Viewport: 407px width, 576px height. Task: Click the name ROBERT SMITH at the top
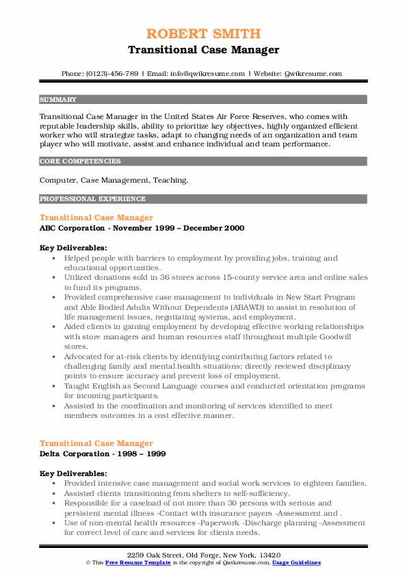click(203, 34)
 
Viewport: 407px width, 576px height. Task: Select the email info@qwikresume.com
click(207, 73)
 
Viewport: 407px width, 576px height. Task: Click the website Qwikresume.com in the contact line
click(313, 73)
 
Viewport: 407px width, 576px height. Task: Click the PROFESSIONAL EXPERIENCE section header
click(92, 199)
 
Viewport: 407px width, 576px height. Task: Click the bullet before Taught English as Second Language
click(54, 387)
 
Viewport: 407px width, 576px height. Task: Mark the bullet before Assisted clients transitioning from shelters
click(54, 493)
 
